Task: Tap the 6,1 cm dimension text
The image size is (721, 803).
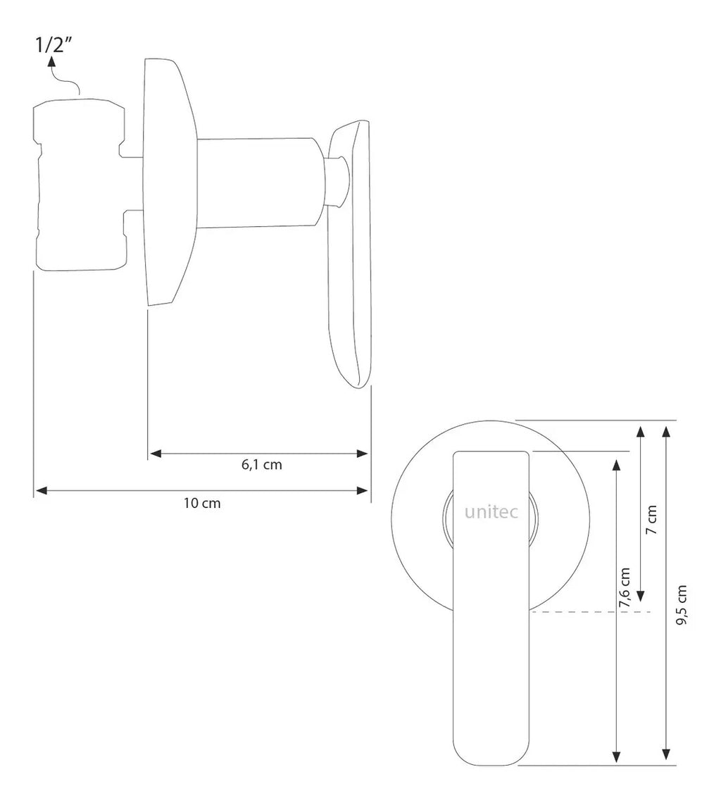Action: point(262,464)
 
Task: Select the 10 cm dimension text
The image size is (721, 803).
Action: point(202,503)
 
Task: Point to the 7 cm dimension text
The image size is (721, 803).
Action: point(651,520)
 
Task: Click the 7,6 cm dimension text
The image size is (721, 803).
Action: point(625,587)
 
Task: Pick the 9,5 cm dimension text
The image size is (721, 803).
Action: point(681,605)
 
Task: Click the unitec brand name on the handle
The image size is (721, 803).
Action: point(491,511)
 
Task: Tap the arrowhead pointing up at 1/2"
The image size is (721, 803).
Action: point(51,63)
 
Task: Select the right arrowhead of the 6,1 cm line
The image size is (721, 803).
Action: point(362,453)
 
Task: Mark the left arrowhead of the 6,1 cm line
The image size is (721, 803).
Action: point(155,453)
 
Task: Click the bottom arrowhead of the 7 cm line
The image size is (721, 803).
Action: point(640,596)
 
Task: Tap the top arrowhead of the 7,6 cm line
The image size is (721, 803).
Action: point(617,465)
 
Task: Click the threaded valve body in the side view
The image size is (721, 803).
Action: point(80,185)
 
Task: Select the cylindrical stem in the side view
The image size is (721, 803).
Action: point(261,182)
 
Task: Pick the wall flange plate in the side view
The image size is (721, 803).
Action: point(170,182)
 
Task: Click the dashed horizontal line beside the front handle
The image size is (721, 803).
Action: point(590,612)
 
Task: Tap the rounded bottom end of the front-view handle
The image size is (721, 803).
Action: point(491,753)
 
